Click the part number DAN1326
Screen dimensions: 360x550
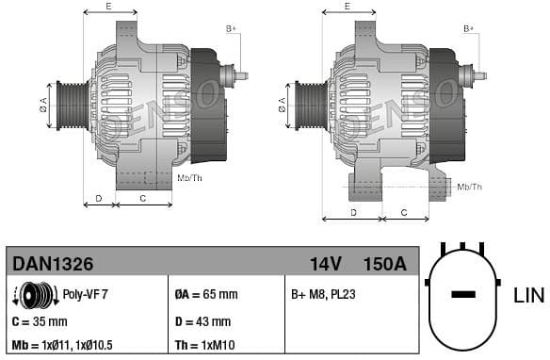click(x=51, y=263)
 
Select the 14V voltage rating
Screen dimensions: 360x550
click(x=326, y=263)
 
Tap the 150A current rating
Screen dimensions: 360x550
click(x=384, y=263)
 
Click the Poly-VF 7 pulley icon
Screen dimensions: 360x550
click(x=35, y=296)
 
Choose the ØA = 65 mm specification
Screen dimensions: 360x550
click(x=206, y=294)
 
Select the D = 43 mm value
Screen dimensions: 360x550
click(x=203, y=321)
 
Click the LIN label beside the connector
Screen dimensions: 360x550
click(x=528, y=295)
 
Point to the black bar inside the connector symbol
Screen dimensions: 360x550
click(x=463, y=295)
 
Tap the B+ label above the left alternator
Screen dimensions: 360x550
click(x=231, y=29)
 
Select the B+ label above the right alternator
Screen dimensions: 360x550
click(x=468, y=29)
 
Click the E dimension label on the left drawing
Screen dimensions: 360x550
click(x=108, y=7)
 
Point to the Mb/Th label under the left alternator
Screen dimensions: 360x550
click(x=189, y=176)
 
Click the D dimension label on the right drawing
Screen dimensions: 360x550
click(x=353, y=212)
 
